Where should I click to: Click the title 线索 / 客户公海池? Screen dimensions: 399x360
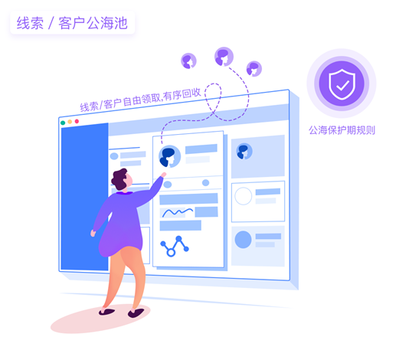72,23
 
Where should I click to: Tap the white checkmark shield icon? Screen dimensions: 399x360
342,84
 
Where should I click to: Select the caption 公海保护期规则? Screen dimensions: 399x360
342,130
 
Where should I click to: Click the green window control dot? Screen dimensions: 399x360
63,123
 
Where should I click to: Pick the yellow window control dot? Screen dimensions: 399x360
70,122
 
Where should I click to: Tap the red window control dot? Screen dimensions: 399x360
77,121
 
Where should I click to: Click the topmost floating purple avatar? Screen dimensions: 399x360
224,57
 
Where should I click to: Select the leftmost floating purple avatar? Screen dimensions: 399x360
188,61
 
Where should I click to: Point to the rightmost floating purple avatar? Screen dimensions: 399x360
254,69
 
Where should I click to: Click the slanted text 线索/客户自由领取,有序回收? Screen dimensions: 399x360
141,100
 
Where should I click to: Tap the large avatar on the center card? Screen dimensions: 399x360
169,156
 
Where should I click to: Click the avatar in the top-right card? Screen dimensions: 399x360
244,151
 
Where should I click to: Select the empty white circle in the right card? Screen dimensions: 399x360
243,196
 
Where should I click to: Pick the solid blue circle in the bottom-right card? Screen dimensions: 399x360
243,240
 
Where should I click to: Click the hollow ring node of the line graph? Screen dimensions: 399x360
171,253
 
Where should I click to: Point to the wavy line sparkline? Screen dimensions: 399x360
178,212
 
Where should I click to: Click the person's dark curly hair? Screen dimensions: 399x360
119,179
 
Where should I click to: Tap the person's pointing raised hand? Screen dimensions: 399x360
163,175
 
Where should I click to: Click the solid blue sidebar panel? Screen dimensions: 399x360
84,197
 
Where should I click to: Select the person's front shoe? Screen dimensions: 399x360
136,313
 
